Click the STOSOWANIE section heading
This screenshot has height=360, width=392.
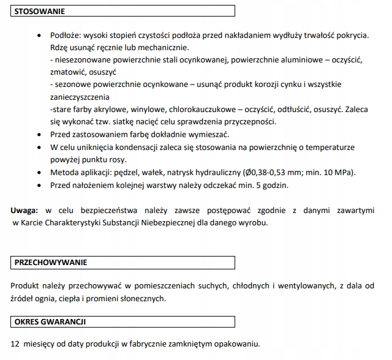coord(37,11)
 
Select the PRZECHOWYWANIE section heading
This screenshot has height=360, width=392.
coord(50,262)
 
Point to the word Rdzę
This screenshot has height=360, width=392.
coord(60,47)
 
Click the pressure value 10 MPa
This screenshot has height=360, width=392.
coord(342,172)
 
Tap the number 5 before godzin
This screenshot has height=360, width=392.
coord(258,184)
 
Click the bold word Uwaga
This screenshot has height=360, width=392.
coord(24,211)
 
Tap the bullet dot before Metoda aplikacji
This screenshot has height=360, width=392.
coord(40,173)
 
